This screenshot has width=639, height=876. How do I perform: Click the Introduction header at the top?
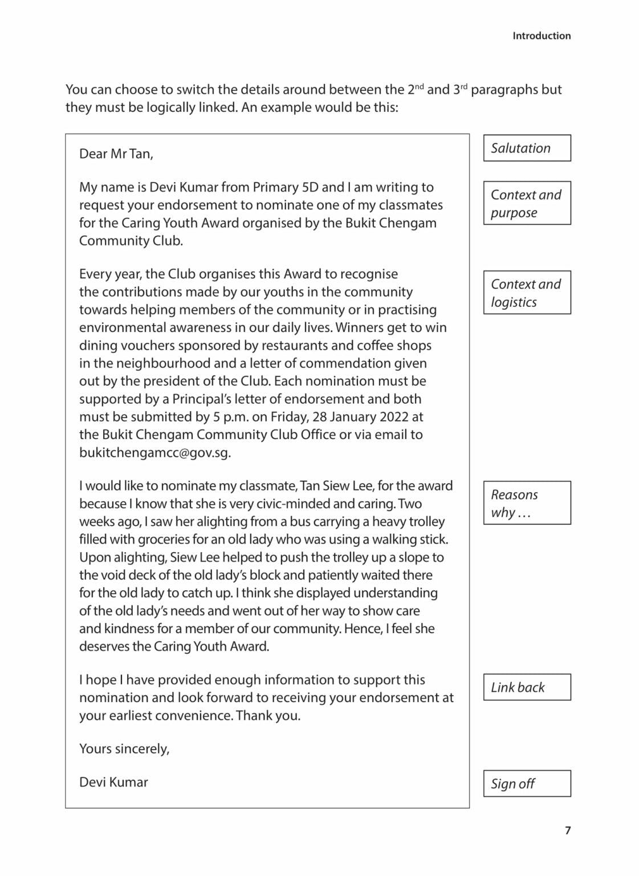[x=541, y=36]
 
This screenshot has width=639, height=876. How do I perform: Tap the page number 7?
[x=567, y=830]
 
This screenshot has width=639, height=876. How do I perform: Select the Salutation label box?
[x=527, y=148]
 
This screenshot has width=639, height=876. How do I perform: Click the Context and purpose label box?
[x=527, y=203]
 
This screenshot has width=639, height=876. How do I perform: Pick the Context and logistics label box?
[x=527, y=293]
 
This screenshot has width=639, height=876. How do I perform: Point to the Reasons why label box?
[x=527, y=503]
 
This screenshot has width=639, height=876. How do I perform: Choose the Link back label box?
[x=527, y=687]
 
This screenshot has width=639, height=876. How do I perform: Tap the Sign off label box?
[x=527, y=784]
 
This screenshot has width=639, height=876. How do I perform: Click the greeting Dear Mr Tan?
[x=116, y=154]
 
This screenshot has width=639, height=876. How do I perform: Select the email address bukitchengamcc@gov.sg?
[x=154, y=453]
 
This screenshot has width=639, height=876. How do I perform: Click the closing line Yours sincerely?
[x=124, y=749]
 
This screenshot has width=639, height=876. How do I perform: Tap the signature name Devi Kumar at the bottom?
[x=113, y=782]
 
